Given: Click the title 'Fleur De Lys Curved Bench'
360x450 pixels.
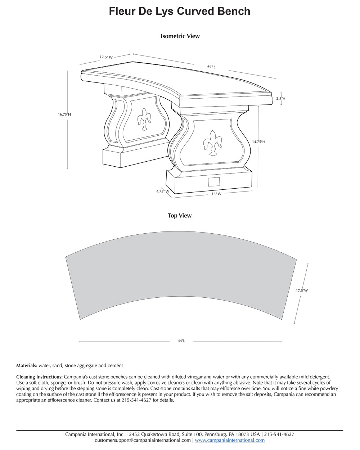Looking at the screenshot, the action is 180,11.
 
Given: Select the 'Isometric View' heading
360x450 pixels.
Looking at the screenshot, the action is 180,36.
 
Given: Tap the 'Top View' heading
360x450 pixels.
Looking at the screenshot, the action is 180,216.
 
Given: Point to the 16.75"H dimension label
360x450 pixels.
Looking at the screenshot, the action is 64,114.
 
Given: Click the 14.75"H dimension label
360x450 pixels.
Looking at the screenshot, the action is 258,142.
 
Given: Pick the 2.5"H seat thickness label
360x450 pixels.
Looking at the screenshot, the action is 281,98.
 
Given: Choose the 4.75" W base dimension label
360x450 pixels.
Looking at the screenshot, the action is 163,191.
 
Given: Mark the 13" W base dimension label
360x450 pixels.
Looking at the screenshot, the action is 216,194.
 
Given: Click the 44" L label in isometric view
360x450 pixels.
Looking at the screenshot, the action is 211,67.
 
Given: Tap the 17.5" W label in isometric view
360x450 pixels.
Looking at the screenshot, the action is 106,57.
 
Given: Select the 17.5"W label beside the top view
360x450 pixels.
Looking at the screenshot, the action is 302,291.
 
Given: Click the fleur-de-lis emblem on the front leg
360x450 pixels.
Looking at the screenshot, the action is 212,143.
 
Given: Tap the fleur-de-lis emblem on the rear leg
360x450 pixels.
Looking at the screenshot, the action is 144,119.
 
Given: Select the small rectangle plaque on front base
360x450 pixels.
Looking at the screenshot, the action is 214,182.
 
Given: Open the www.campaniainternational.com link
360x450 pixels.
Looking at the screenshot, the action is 230,440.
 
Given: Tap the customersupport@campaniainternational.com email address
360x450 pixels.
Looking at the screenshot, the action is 143,440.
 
